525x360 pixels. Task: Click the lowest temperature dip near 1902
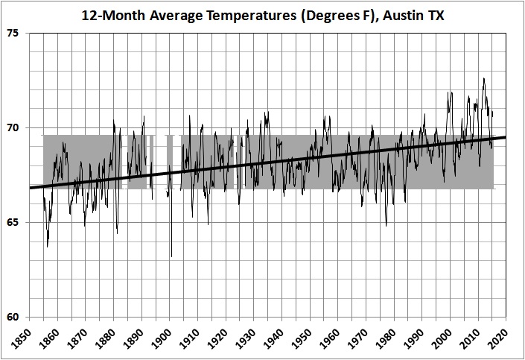172,256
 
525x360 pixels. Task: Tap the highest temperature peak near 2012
484,78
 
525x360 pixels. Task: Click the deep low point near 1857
48,247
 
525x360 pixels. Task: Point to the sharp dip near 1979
386,225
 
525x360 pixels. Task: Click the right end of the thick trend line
506,137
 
